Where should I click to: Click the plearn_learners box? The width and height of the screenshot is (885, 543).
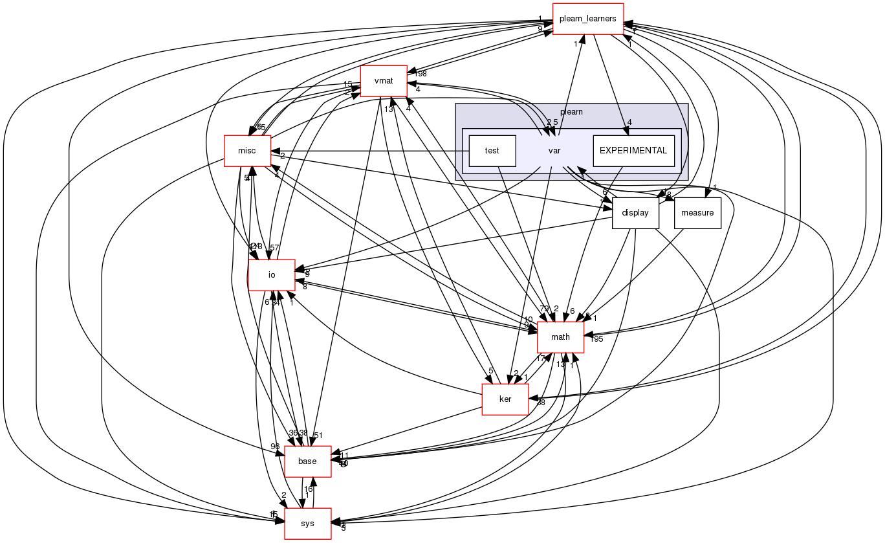click(587, 19)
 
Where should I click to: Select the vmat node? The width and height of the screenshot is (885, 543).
click(384, 81)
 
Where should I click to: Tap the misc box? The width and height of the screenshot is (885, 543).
click(246, 151)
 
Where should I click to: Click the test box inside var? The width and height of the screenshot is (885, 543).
click(492, 151)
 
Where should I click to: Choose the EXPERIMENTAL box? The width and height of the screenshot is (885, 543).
click(633, 151)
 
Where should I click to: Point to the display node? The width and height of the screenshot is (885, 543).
click(635, 213)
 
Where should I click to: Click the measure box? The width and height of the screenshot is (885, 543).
click(697, 213)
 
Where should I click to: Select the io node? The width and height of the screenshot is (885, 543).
click(272, 274)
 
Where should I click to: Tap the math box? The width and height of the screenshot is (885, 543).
click(560, 337)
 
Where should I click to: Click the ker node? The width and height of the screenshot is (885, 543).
click(505, 399)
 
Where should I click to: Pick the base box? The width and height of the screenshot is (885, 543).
click(307, 461)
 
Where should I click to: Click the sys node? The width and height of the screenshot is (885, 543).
click(308, 523)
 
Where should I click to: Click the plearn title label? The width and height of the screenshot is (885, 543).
click(571, 111)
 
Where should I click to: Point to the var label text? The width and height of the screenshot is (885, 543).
click(554, 151)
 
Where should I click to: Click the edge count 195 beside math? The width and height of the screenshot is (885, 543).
click(596, 339)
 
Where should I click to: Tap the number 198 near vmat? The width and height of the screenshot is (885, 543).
click(421, 74)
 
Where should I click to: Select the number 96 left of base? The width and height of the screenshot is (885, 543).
click(275, 446)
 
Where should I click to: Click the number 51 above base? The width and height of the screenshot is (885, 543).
click(318, 434)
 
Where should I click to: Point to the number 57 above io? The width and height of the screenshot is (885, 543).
click(274, 248)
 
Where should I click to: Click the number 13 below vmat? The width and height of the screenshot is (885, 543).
click(388, 109)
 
